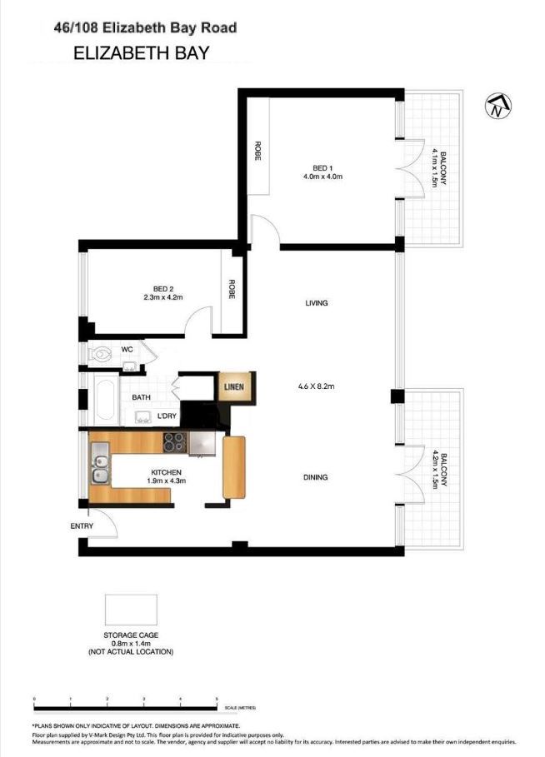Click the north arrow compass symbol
[499, 105]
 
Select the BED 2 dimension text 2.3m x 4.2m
[162, 296]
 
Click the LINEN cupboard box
[232, 386]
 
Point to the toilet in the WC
[101, 354]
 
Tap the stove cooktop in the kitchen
[174, 442]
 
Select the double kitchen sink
[100, 464]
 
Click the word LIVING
[317, 303]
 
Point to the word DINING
[316, 477]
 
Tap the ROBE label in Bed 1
[257, 150]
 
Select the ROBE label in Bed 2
[232, 289]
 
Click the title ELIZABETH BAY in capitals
[141, 53]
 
